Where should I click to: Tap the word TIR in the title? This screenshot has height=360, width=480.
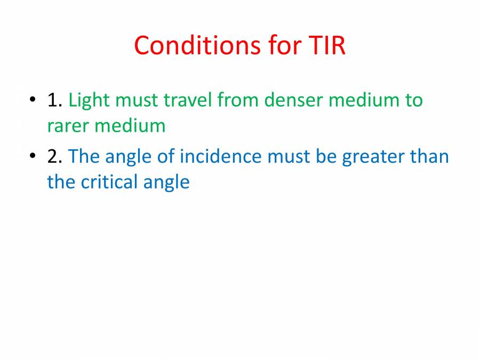pyautogui.click(x=326, y=46)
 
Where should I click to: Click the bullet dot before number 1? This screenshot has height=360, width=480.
pyautogui.click(x=33, y=100)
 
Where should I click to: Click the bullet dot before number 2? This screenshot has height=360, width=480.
pyautogui.click(x=33, y=156)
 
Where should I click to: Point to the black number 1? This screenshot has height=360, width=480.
pyautogui.click(x=54, y=100)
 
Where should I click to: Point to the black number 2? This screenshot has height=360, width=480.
pyautogui.click(x=54, y=156)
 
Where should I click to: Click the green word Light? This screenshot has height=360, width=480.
pyautogui.click(x=89, y=100)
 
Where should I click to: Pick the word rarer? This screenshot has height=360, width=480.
pyautogui.click(x=68, y=126)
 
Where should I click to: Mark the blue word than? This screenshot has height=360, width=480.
pyautogui.click(x=429, y=156)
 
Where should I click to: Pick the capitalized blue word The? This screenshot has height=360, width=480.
pyautogui.click(x=84, y=156)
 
